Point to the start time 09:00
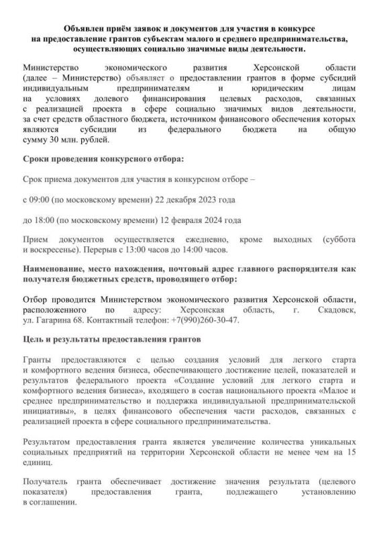[40, 200]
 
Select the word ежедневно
[205, 240]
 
